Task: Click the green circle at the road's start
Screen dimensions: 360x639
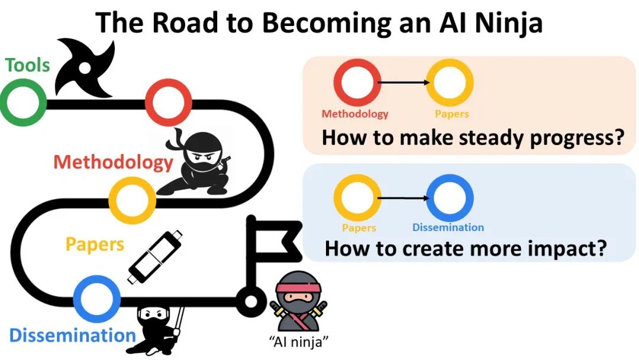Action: [x=23, y=104]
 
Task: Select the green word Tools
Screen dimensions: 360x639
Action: [x=27, y=65]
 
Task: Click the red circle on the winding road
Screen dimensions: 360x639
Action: [x=168, y=102]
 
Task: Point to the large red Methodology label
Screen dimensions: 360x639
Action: [x=112, y=162]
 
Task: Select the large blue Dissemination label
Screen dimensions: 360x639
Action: [x=72, y=336]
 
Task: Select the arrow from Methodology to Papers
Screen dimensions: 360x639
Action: [x=403, y=83]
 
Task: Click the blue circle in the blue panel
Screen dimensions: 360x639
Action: [x=449, y=197]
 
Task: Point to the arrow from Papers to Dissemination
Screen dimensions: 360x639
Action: [x=402, y=198]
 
